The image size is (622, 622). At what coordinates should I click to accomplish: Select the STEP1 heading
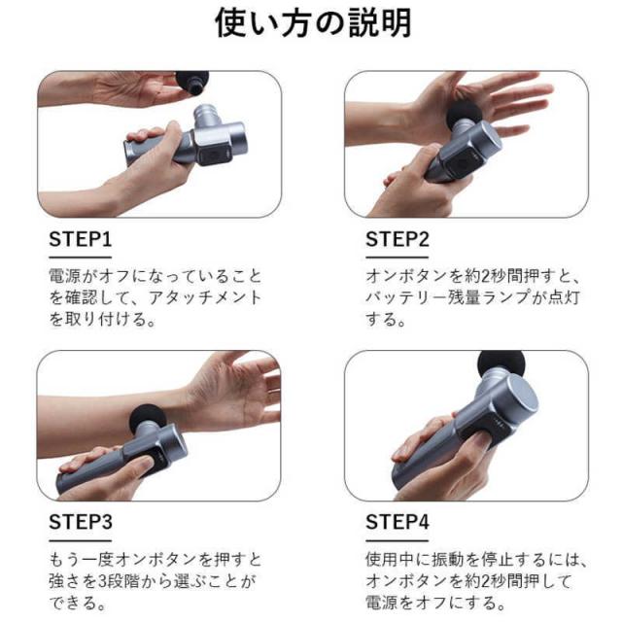click(81, 239)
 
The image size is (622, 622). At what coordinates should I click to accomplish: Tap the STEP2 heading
click(397, 239)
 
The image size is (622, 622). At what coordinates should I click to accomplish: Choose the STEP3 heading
click(81, 522)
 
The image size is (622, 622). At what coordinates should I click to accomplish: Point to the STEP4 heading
click(397, 522)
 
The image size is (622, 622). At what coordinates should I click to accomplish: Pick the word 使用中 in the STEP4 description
click(390, 560)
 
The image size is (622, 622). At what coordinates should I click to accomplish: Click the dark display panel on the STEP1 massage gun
click(210, 152)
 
